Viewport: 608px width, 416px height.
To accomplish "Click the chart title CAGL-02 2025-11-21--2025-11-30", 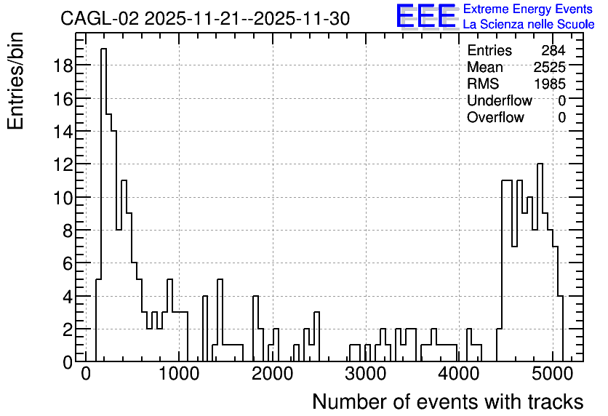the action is tap(205, 19).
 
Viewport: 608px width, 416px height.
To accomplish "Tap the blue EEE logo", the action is tap(426, 16).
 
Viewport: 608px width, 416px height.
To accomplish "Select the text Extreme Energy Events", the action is tap(528, 9).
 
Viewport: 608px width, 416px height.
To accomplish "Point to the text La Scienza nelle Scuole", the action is tap(529, 24).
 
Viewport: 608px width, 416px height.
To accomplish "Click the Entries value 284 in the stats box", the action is tap(553, 50).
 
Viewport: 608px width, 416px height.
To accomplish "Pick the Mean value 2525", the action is tap(549, 67).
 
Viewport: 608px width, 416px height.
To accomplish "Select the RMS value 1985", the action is tap(549, 84).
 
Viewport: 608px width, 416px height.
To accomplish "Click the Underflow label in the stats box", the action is tap(500, 100).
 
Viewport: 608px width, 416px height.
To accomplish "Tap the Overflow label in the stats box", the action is tap(495, 117).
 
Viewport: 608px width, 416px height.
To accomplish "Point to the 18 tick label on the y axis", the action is tap(63, 65).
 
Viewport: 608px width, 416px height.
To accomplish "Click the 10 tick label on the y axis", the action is tap(63, 198).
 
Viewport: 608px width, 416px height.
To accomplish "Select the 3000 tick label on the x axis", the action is tap(366, 374).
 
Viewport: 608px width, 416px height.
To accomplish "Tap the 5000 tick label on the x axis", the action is tap(552, 374).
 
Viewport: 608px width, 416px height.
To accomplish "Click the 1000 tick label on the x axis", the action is tap(179, 374).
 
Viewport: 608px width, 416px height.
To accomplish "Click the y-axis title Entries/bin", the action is tap(16, 81).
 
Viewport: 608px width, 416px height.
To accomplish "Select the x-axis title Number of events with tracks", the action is tap(448, 401).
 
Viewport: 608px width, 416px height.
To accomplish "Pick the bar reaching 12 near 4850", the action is tap(540, 263).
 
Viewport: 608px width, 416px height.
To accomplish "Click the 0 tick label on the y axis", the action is tap(68, 362).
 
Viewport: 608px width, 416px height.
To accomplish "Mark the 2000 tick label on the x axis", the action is tap(272, 374).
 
